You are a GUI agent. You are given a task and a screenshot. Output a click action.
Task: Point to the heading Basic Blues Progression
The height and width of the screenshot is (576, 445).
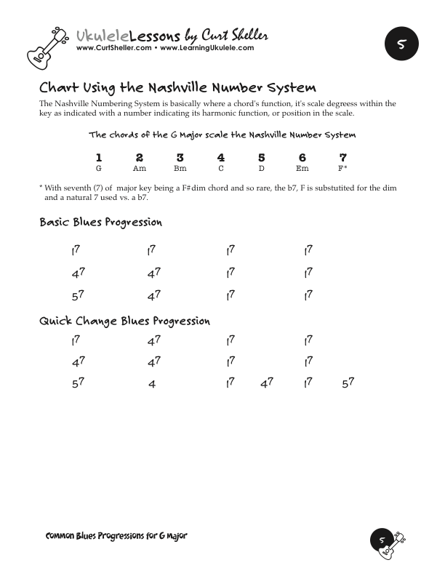100,222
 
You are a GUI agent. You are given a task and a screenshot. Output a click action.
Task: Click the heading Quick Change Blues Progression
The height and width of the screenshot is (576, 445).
124,321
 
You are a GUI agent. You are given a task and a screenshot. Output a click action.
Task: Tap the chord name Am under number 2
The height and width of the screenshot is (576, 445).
140,168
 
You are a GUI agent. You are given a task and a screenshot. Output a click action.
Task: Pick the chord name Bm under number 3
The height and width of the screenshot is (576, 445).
180,168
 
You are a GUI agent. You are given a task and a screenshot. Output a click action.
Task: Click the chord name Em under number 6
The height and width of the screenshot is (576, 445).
302,168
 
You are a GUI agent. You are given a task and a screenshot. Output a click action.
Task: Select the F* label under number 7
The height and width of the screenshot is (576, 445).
342,168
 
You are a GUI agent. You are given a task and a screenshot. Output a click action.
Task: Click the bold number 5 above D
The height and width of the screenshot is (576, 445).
262,157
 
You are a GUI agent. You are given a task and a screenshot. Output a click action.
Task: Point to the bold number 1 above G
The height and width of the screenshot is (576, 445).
99,157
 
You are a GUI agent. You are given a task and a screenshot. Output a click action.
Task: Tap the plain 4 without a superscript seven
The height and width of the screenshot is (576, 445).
152,384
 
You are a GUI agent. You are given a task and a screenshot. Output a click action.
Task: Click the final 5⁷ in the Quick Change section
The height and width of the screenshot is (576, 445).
347,382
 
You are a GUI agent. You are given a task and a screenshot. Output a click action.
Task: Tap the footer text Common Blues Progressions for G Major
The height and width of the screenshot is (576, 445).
116,536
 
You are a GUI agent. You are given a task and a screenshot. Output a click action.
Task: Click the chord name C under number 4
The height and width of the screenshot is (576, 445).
221,168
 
